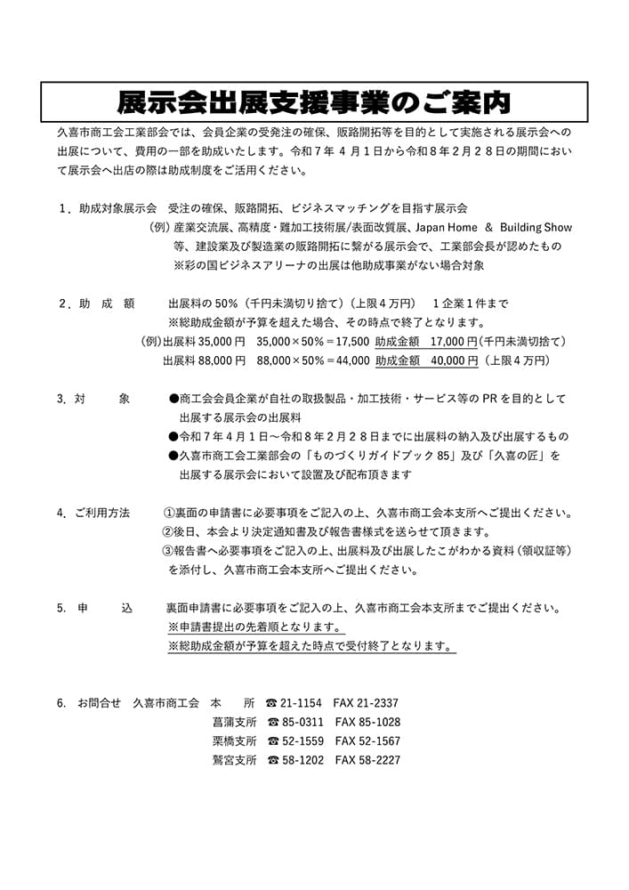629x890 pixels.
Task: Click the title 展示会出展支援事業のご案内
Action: tap(314, 102)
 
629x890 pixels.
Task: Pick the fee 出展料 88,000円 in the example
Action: tap(204, 360)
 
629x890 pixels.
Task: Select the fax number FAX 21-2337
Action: tap(366, 703)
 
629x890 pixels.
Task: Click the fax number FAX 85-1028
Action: tap(367, 722)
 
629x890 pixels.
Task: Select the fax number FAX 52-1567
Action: tap(367, 741)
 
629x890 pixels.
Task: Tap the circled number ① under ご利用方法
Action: tap(169, 514)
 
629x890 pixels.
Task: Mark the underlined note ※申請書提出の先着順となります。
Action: tap(255, 627)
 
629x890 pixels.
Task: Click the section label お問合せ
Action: tap(99, 703)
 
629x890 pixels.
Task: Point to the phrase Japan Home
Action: tap(442, 227)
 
